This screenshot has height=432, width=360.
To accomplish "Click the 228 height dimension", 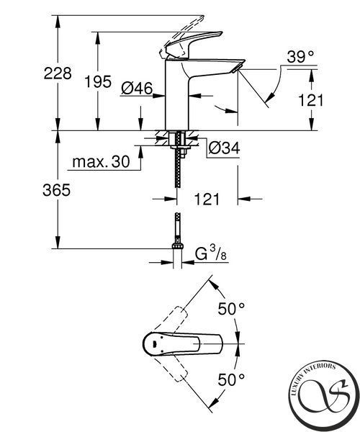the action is pyautogui.click(x=58, y=73).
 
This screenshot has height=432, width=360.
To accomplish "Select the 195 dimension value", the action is pyautogui.click(x=98, y=82).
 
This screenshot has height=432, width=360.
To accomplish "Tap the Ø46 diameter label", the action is pyautogui.click(x=137, y=89).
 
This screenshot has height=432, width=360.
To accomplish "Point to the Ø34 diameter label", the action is pyautogui.click(x=224, y=148).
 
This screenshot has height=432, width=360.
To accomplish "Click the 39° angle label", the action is pyautogui.click(x=300, y=57).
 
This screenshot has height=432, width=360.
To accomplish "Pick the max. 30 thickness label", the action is pyautogui.click(x=101, y=161).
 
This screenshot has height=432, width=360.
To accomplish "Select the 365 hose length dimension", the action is pyautogui.click(x=56, y=190).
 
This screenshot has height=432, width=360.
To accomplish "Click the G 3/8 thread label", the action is pyautogui.click(x=211, y=253).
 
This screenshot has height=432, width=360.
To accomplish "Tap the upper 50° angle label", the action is pyautogui.click(x=231, y=309).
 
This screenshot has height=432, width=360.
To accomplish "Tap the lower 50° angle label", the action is pyautogui.click(x=231, y=380).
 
